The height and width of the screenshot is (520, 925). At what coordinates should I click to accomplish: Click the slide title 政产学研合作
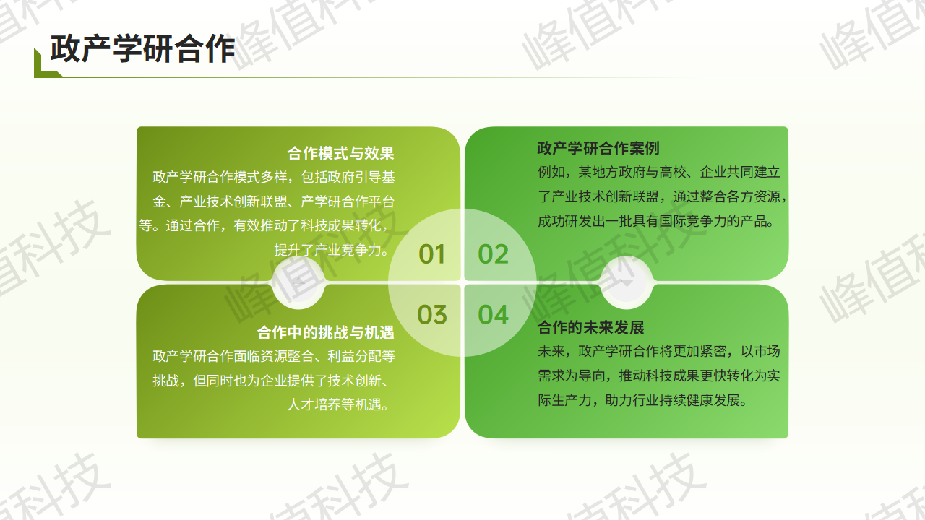(143, 48)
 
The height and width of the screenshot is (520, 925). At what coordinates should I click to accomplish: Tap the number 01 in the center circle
(431, 254)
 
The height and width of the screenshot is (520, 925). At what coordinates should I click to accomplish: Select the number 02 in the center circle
(493, 254)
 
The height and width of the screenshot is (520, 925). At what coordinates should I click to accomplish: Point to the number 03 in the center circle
(432, 315)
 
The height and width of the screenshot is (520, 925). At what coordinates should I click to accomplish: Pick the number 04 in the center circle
(493, 315)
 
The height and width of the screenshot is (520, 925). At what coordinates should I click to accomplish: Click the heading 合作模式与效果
(340, 154)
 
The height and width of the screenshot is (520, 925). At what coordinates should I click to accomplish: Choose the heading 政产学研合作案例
(598, 148)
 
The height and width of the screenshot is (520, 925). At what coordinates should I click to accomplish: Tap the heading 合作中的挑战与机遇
(325, 333)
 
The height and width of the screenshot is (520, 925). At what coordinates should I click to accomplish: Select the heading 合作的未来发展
(591, 328)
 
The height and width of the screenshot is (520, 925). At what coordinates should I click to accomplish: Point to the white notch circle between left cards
(298, 282)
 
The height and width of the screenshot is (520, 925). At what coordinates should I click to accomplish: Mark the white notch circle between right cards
(627, 282)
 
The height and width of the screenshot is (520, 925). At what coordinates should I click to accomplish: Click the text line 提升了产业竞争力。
(332, 250)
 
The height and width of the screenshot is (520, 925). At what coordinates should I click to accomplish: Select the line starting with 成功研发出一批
(655, 221)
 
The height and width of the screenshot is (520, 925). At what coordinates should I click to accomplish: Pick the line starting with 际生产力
(642, 400)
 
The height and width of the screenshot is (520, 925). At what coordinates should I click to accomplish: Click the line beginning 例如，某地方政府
(659, 172)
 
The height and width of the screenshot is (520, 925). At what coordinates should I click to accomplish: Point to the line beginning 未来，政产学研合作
(659, 351)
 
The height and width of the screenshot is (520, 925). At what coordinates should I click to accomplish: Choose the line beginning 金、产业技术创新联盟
(274, 201)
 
